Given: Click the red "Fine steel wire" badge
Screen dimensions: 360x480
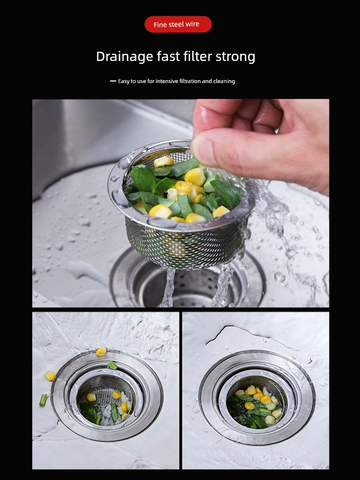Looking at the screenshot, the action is click(178, 24).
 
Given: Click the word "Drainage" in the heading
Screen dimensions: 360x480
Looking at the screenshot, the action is click(125, 57).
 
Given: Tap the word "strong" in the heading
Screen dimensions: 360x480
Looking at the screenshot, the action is click(235, 57).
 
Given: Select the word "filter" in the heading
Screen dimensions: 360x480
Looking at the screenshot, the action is click(198, 56).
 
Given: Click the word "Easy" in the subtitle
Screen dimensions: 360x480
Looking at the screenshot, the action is click(124, 82).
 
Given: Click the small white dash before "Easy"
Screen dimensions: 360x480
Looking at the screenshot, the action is click(113, 81).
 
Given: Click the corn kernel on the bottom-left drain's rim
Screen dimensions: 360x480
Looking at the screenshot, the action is click(101, 352).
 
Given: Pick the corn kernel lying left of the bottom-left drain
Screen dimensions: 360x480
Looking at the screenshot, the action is click(50, 376).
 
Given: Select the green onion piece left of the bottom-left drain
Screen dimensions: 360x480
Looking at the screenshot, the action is click(44, 400).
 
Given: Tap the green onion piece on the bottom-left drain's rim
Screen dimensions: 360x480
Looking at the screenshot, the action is click(113, 365).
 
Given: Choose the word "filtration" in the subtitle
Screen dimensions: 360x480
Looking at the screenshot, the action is click(190, 81).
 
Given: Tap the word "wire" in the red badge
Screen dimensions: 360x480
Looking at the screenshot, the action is click(192, 24).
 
